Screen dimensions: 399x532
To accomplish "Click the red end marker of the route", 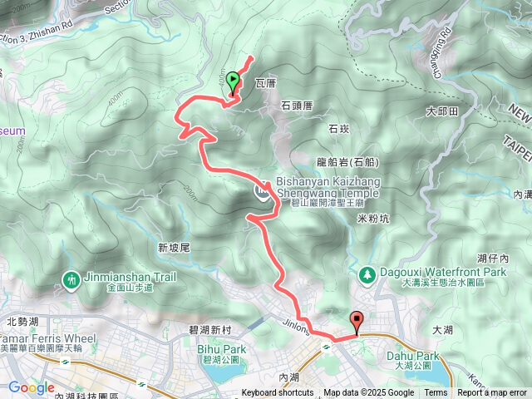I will (x=357, y=319).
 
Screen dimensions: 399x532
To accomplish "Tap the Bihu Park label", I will (x=223, y=349).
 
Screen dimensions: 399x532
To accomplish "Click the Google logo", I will (x=32, y=387).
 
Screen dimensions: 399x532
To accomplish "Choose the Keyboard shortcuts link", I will (x=278, y=393).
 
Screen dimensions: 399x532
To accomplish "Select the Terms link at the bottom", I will (x=436, y=393).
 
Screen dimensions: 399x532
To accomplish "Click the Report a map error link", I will (x=492, y=393).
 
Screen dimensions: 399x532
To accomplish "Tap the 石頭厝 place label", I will (x=296, y=106).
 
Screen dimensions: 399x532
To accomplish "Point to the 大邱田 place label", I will (x=441, y=111).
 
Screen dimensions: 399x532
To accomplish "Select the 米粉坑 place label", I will (x=372, y=218).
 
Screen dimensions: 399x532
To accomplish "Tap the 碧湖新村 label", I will (x=210, y=330).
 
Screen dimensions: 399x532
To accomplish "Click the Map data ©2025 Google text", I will (x=368, y=393).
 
